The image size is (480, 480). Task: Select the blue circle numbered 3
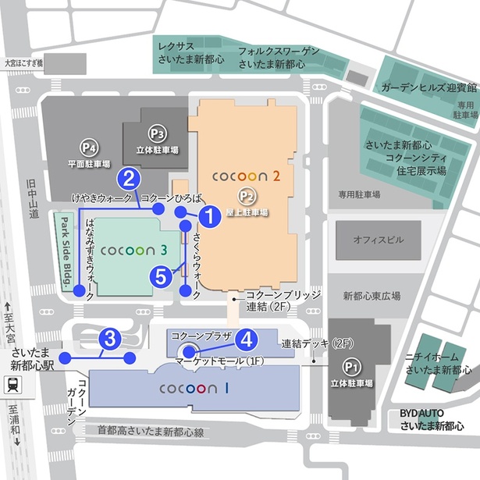110,339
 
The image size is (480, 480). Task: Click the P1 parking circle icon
350,364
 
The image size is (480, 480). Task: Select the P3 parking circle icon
157,133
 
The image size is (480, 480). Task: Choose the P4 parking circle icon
87,146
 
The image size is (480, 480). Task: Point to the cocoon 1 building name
193,388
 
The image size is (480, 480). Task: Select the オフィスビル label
378,240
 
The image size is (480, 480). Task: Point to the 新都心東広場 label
372,297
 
